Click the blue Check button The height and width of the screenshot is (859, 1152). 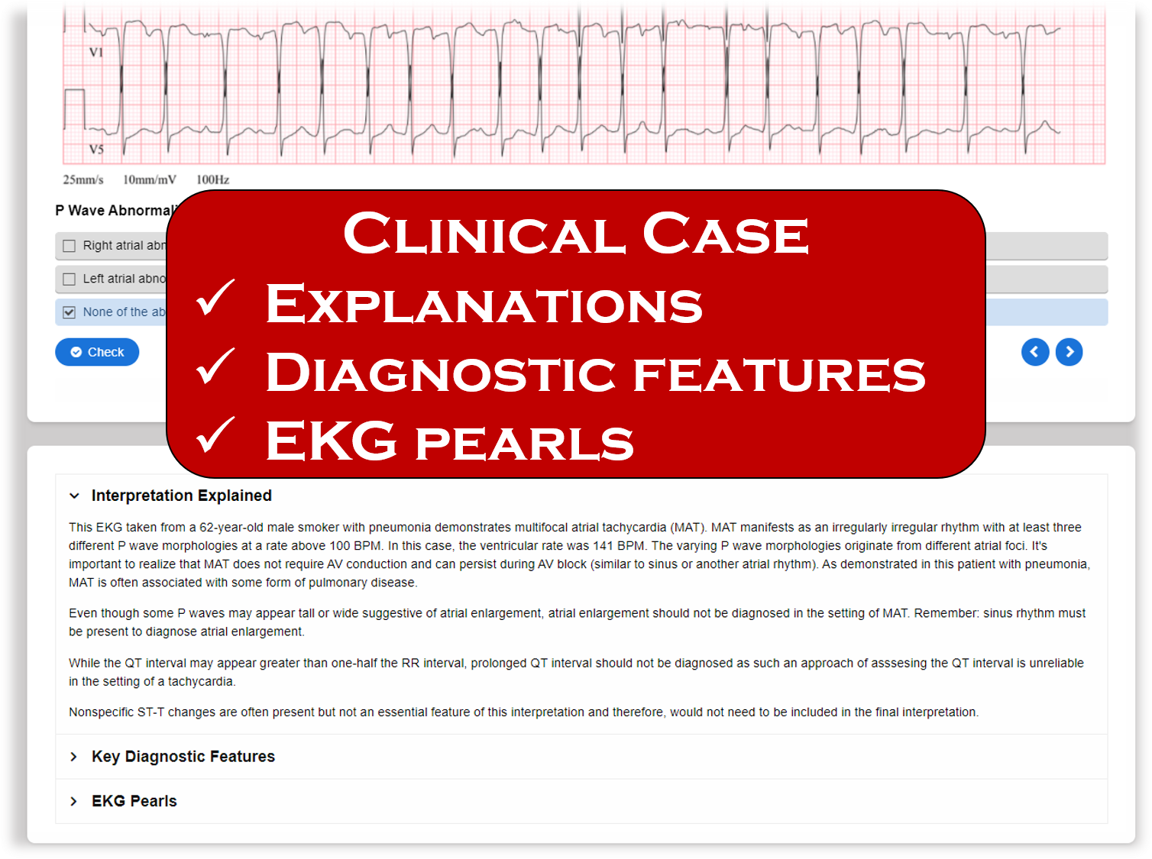(x=97, y=352)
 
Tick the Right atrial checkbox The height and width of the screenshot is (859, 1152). (x=70, y=246)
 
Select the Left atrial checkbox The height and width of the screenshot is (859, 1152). (x=70, y=279)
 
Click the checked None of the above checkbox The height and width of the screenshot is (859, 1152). (x=70, y=312)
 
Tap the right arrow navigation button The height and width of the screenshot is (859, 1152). (x=1069, y=352)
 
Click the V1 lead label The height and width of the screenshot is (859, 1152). (x=96, y=53)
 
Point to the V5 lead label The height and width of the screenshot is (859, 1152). (x=96, y=149)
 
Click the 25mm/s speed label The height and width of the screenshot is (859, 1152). (x=83, y=180)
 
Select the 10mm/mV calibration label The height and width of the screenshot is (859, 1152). (x=150, y=180)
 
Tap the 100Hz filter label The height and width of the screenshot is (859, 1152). (x=212, y=180)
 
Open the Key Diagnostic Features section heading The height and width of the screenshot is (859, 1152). (x=183, y=757)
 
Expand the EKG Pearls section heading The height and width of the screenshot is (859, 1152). (x=134, y=801)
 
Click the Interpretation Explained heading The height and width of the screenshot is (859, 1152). (x=182, y=496)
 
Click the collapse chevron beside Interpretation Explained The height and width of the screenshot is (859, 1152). (x=74, y=496)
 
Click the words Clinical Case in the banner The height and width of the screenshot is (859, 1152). (x=576, y=234)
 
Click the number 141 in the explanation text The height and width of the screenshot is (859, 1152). (x=603, y=546)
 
